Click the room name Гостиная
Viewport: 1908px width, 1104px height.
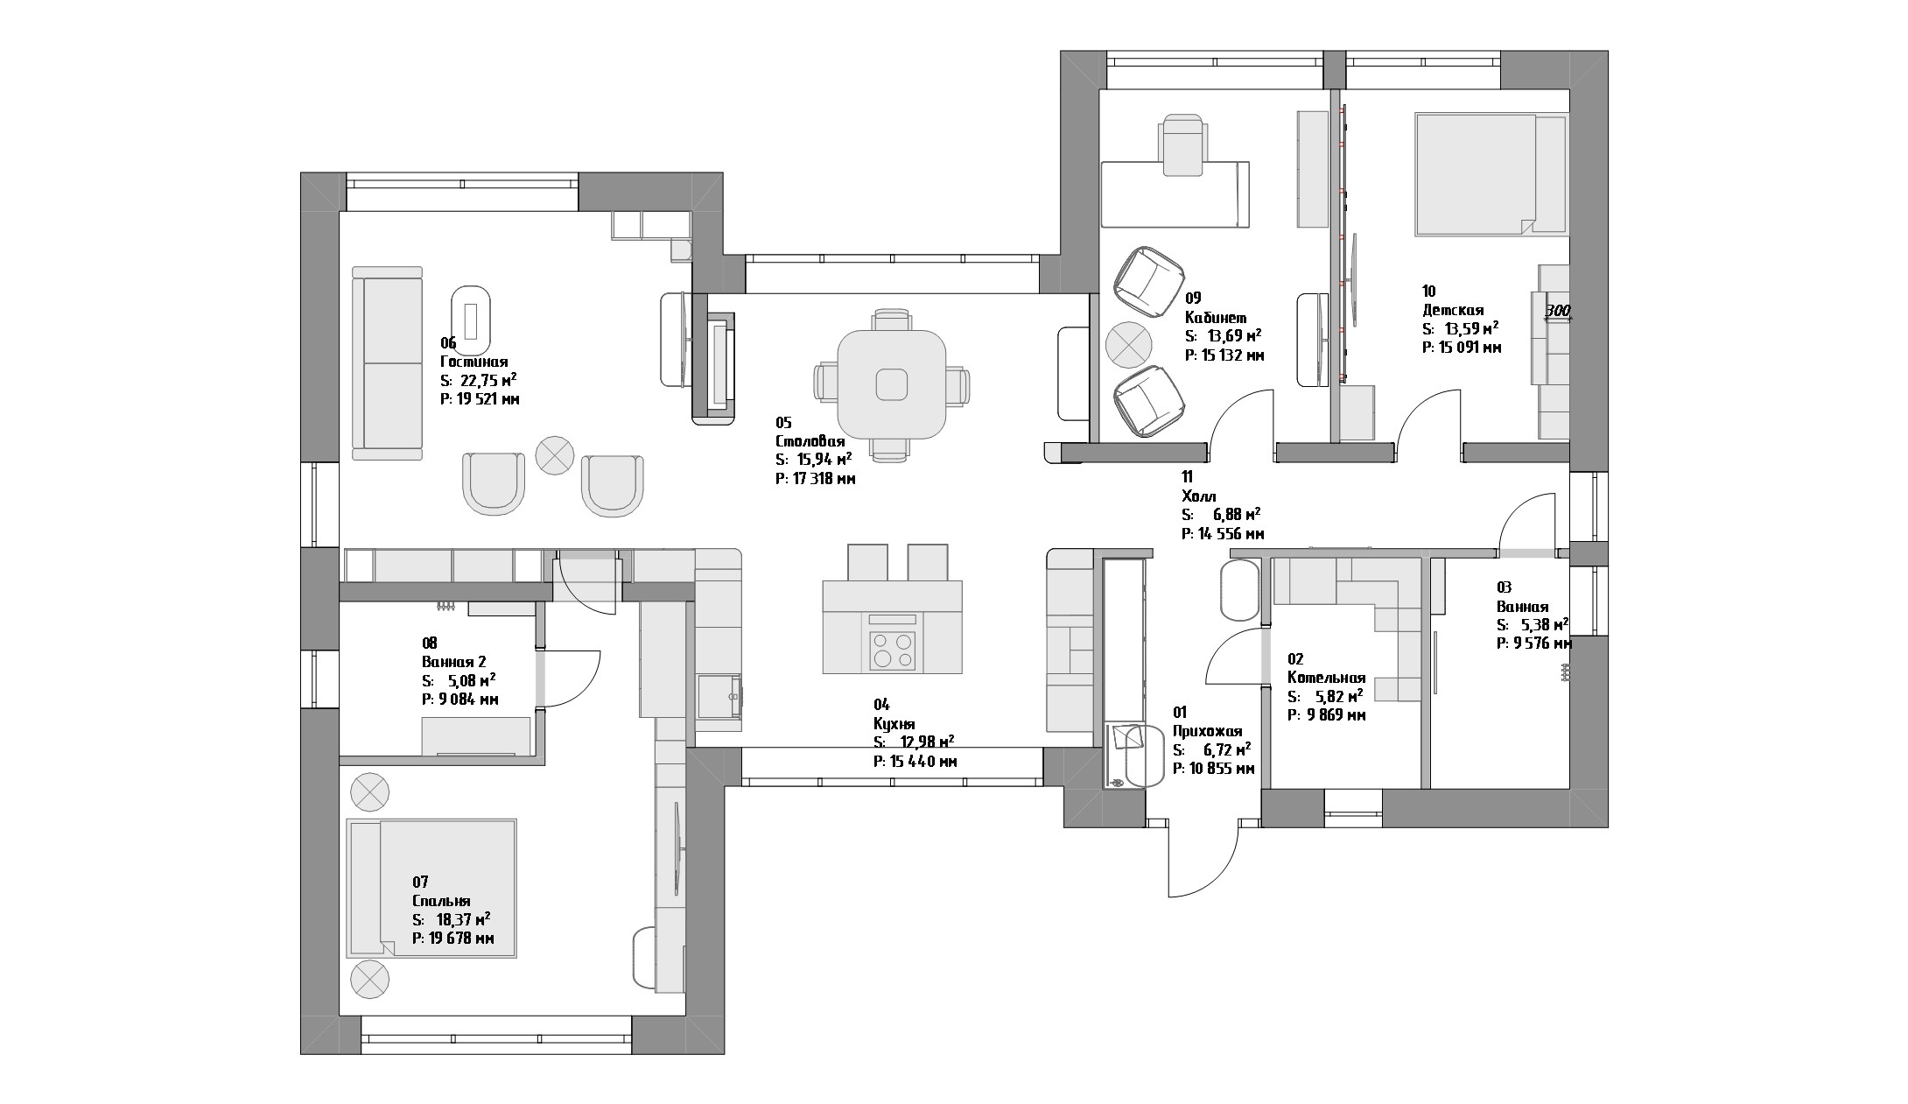point(473,362)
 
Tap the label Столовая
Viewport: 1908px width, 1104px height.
point(810,441)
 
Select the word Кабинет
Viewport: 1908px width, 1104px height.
point(1216,317)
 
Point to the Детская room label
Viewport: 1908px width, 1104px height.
point(1453,310)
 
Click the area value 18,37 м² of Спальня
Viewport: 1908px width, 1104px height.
point(459,919)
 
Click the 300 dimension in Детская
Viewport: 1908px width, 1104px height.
point(1558,310)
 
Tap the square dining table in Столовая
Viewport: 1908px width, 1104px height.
point(891,383)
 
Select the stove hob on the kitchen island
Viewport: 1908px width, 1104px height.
point(892,650)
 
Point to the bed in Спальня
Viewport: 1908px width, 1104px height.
point(431,888)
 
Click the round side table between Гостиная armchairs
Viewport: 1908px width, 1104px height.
point(554,454)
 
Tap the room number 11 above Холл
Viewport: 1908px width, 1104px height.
point(1187,477)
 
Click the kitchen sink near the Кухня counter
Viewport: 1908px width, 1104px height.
point(719,696)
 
